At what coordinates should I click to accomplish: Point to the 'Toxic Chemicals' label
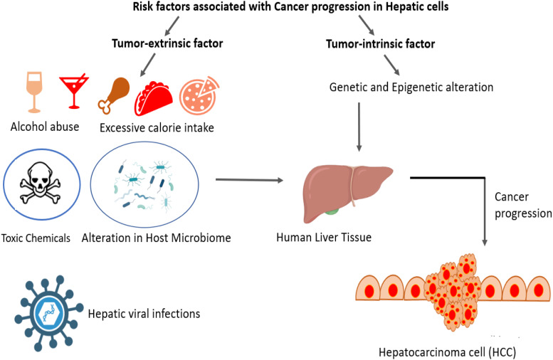coord(36,238)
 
